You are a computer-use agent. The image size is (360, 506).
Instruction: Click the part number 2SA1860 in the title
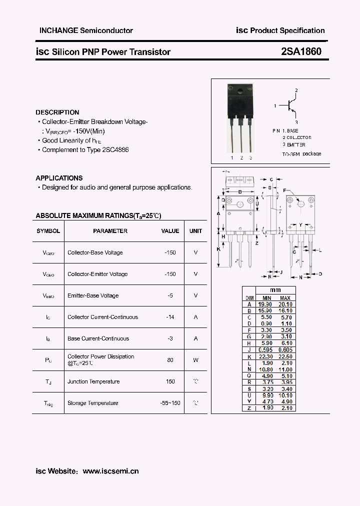pyautogui.click(x=301, y=51)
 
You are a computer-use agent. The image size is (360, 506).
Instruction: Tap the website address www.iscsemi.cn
pyautogui.click(x=110, y=471)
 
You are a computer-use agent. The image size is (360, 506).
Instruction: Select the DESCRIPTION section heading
pyautogui.click(x=57, y=112)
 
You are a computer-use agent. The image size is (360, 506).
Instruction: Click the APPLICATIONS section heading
pyautogui.click(x=59, y=178)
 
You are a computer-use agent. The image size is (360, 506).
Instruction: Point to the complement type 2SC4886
pyautogui.click(x=114, y=149)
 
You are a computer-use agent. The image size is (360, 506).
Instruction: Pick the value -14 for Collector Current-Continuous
pyautogui.click(x=170, y=317)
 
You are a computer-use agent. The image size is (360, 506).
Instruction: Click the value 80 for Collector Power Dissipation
pyautogui.click(x=170, y=359)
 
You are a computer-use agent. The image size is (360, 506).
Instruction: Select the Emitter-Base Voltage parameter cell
pyautogui.click(x=93, y=295)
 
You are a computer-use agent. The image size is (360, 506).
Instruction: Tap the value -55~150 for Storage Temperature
pyautogui.click(x=170, y=403)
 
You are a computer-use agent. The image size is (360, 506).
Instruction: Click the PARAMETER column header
pyautogui.click(x=110, y=231)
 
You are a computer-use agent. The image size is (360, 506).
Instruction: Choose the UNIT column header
pyautogui.click(x=195, y=231)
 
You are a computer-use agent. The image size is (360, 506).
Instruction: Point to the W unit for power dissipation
pyautogui.click(x=195, y=359)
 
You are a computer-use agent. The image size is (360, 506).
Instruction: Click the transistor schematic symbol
pyautogui.click(x=291, y=106)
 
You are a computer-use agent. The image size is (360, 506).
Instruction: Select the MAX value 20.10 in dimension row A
pyautogui.click(x=285, y=304)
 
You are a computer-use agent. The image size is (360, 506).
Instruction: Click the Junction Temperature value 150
pyautogui.click(x=170, y=381)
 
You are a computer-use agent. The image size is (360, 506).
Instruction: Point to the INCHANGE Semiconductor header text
pyautogui.click(x=86, y=30)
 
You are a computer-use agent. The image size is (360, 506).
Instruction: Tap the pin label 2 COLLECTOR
pyautogui.click(x=297, y=137)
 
